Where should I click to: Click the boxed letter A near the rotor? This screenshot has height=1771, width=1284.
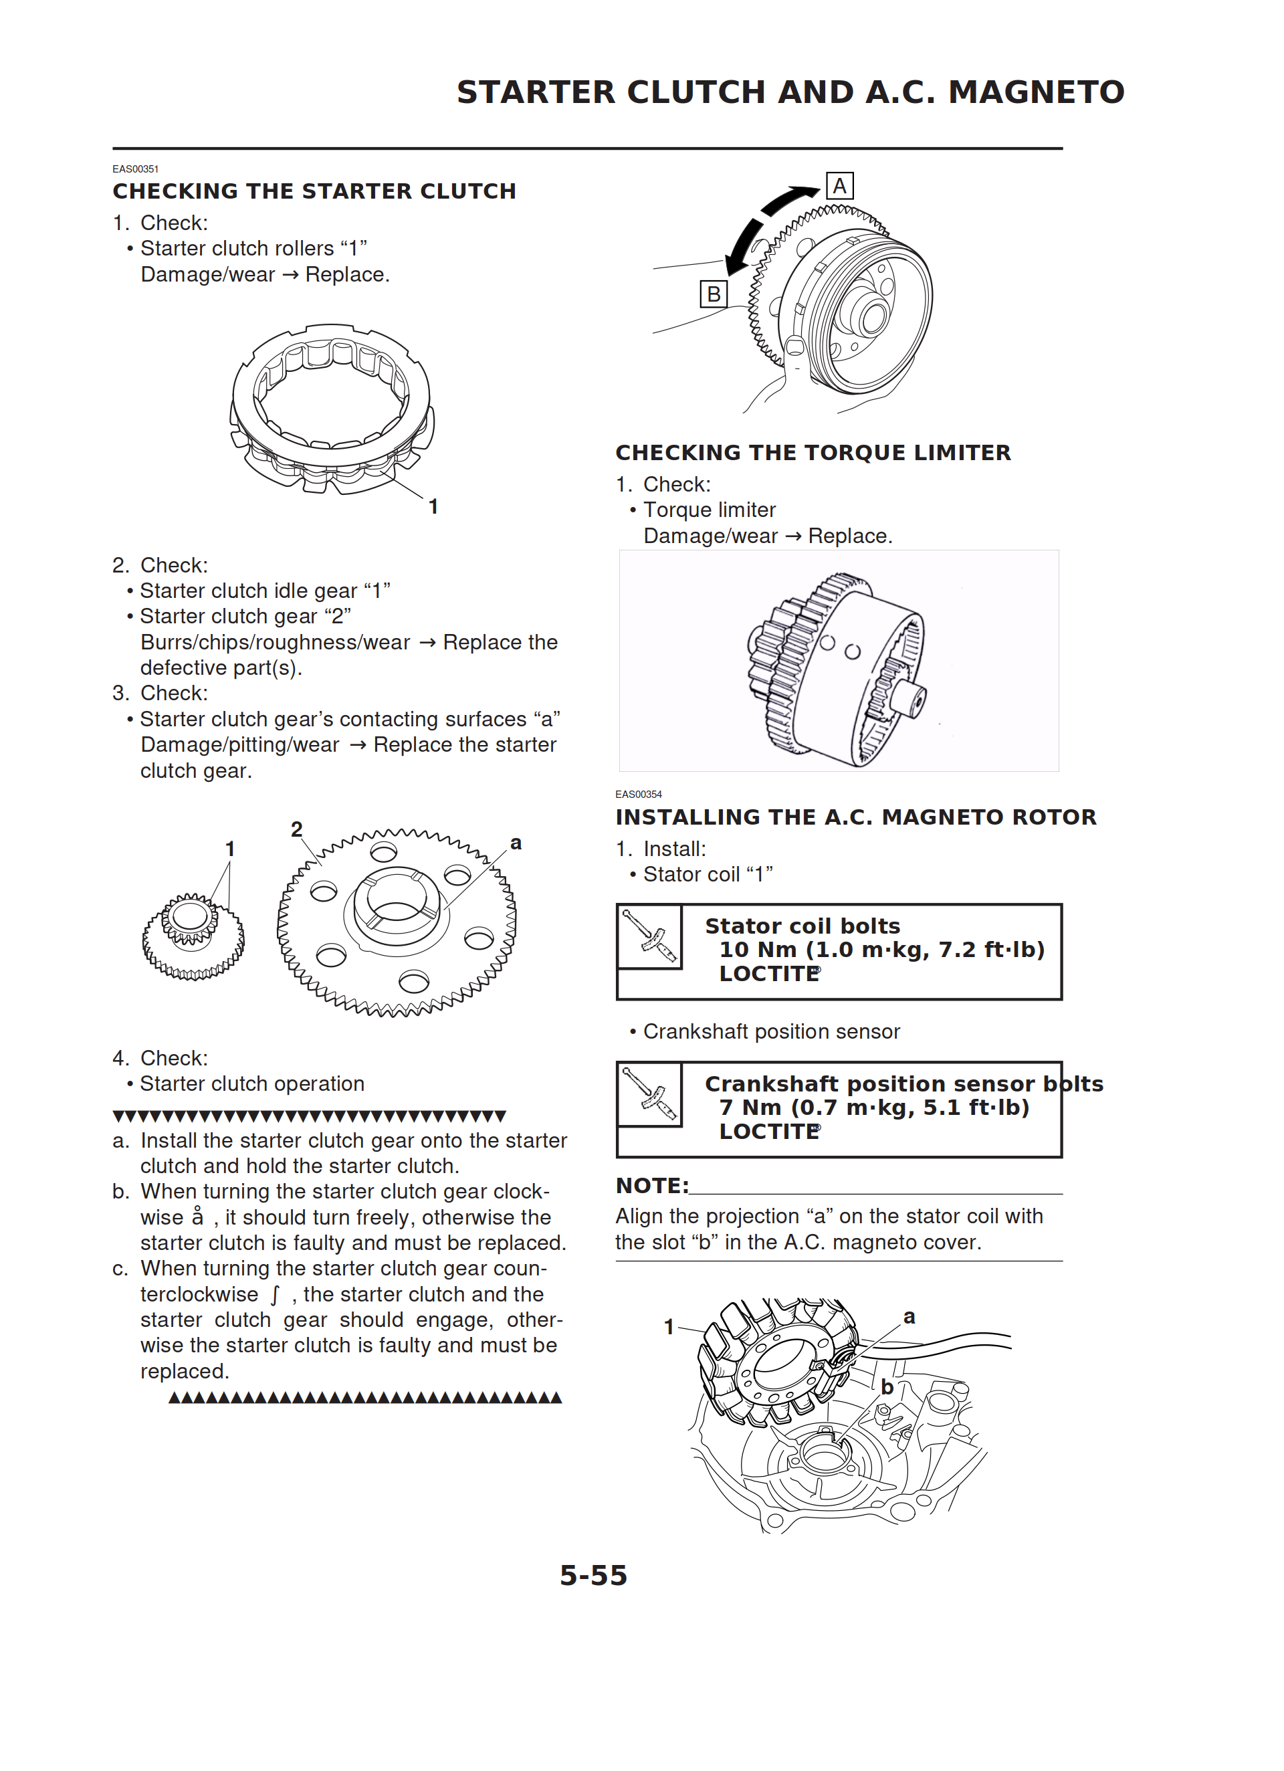839,186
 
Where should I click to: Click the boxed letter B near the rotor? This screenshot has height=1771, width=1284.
713,294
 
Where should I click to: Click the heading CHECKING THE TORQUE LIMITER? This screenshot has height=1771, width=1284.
813,453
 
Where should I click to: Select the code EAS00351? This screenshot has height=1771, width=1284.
135,169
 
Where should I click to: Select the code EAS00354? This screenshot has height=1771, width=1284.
638,794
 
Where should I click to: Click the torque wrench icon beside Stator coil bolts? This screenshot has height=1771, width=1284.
650,936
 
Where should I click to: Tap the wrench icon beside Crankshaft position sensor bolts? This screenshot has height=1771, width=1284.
650,1094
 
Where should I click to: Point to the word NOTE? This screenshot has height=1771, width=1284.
651,1185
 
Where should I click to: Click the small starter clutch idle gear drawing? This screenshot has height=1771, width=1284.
192,936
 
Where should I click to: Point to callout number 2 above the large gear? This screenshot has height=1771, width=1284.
297,829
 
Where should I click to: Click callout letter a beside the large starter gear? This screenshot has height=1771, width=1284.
516,843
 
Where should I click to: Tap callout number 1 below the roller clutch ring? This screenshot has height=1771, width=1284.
433,507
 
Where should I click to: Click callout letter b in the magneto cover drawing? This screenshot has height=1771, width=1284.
887,1387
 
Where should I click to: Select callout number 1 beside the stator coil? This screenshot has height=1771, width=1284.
669,1327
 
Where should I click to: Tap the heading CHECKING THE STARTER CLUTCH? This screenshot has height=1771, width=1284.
314,191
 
